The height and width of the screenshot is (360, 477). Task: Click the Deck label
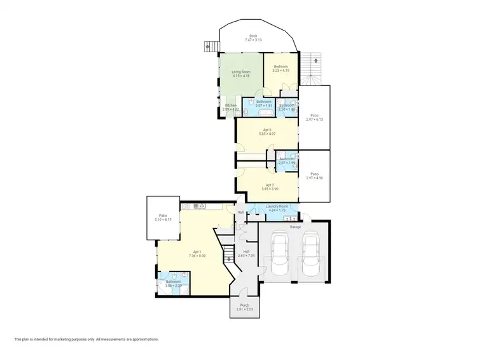[x=253, y=36]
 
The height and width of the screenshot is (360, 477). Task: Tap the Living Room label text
[x=240, y=72]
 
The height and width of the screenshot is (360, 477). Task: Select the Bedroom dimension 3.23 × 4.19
[x=281, y=70]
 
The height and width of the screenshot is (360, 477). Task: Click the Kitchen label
[x=230, y=105]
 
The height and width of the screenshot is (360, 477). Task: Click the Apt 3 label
[x=266, y=130]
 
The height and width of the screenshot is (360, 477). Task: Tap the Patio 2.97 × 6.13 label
[x=314, y=116]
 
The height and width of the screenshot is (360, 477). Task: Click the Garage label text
[x=295, y=226]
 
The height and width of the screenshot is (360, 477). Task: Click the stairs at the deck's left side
[x=208, y=46]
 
